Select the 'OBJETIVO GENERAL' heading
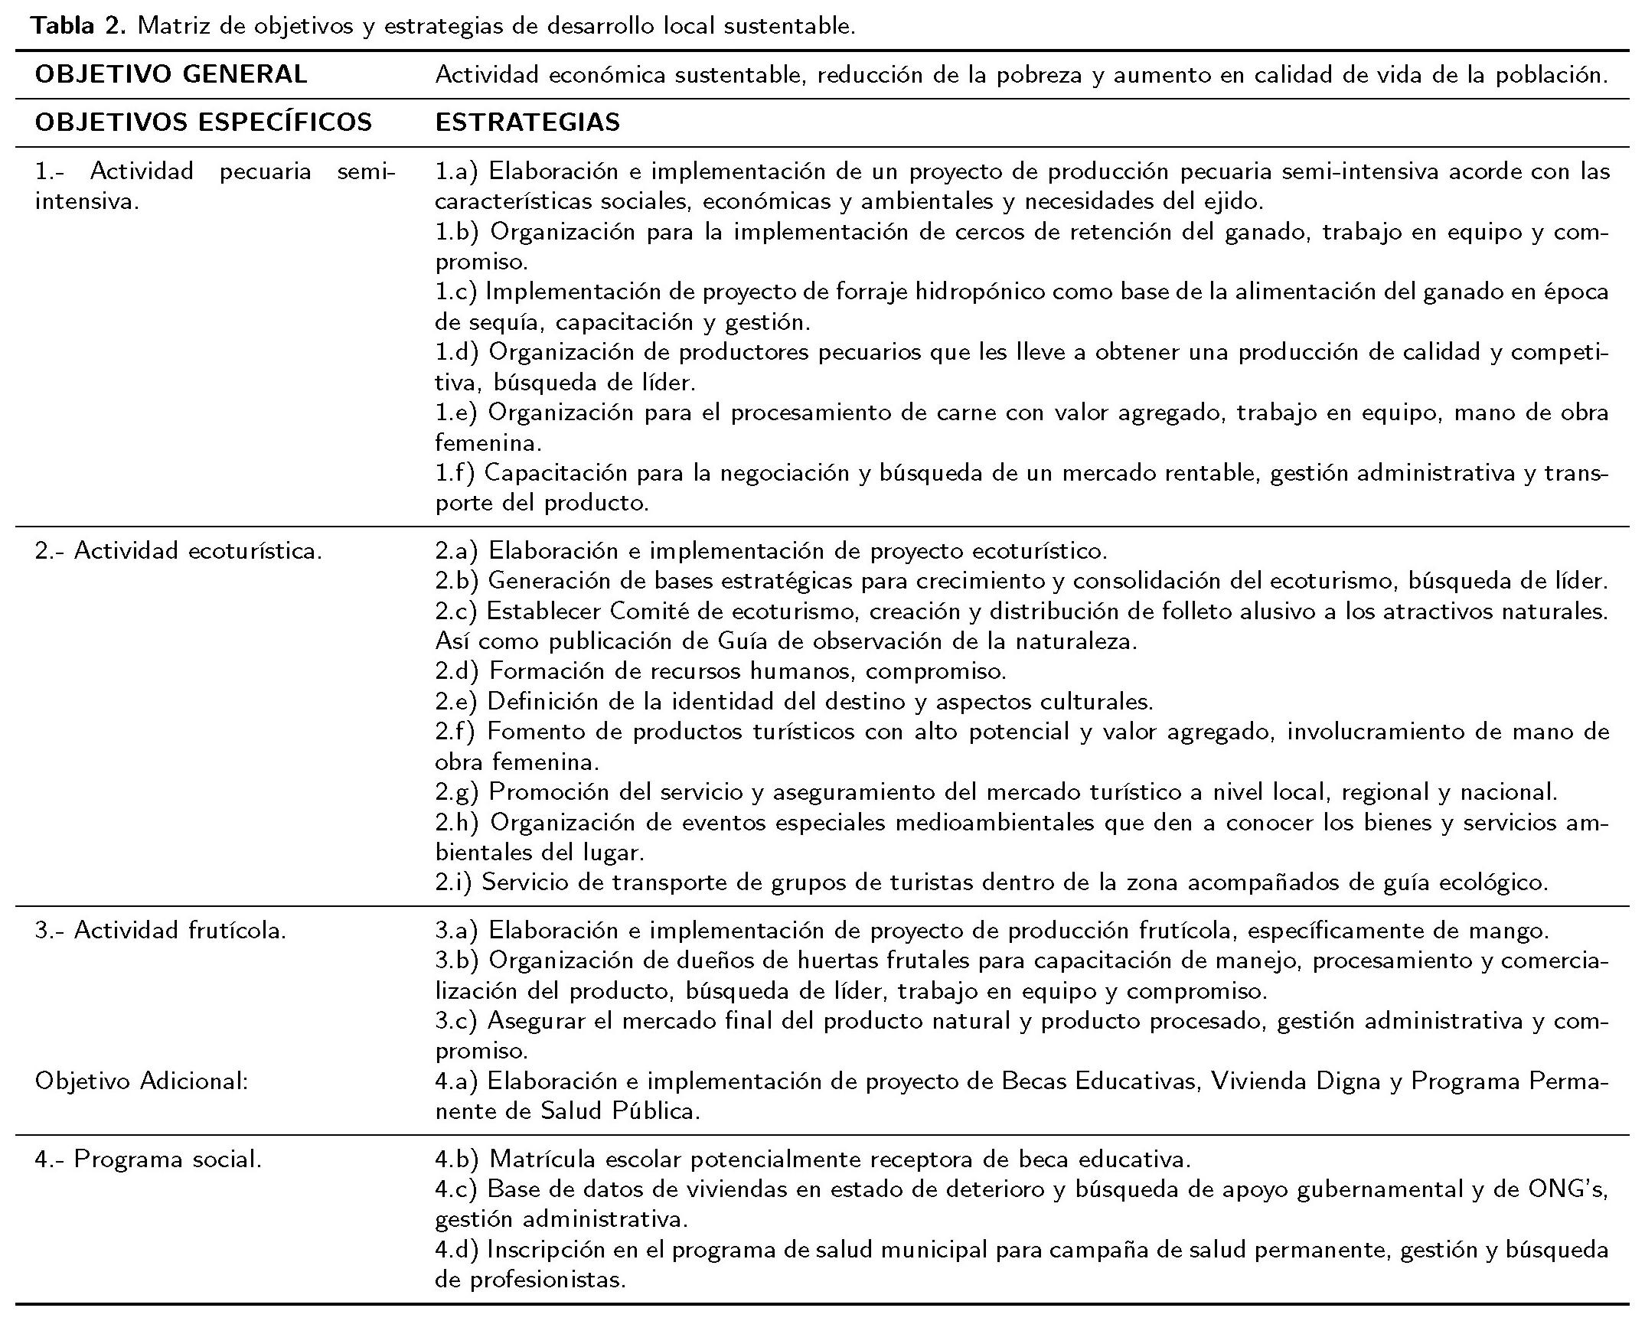pos(171,74)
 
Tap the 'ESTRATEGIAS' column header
pos(527,122)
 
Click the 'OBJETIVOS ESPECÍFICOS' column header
pos(204,122)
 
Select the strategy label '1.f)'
pos(455,473)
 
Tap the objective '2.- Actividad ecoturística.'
pos(178,550)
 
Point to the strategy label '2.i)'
pos(454,882)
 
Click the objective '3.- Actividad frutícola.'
pos(161,930)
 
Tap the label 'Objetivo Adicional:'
pos(142,1081)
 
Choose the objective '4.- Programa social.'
pos(149,1159)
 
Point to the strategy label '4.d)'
pos(457,1249)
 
